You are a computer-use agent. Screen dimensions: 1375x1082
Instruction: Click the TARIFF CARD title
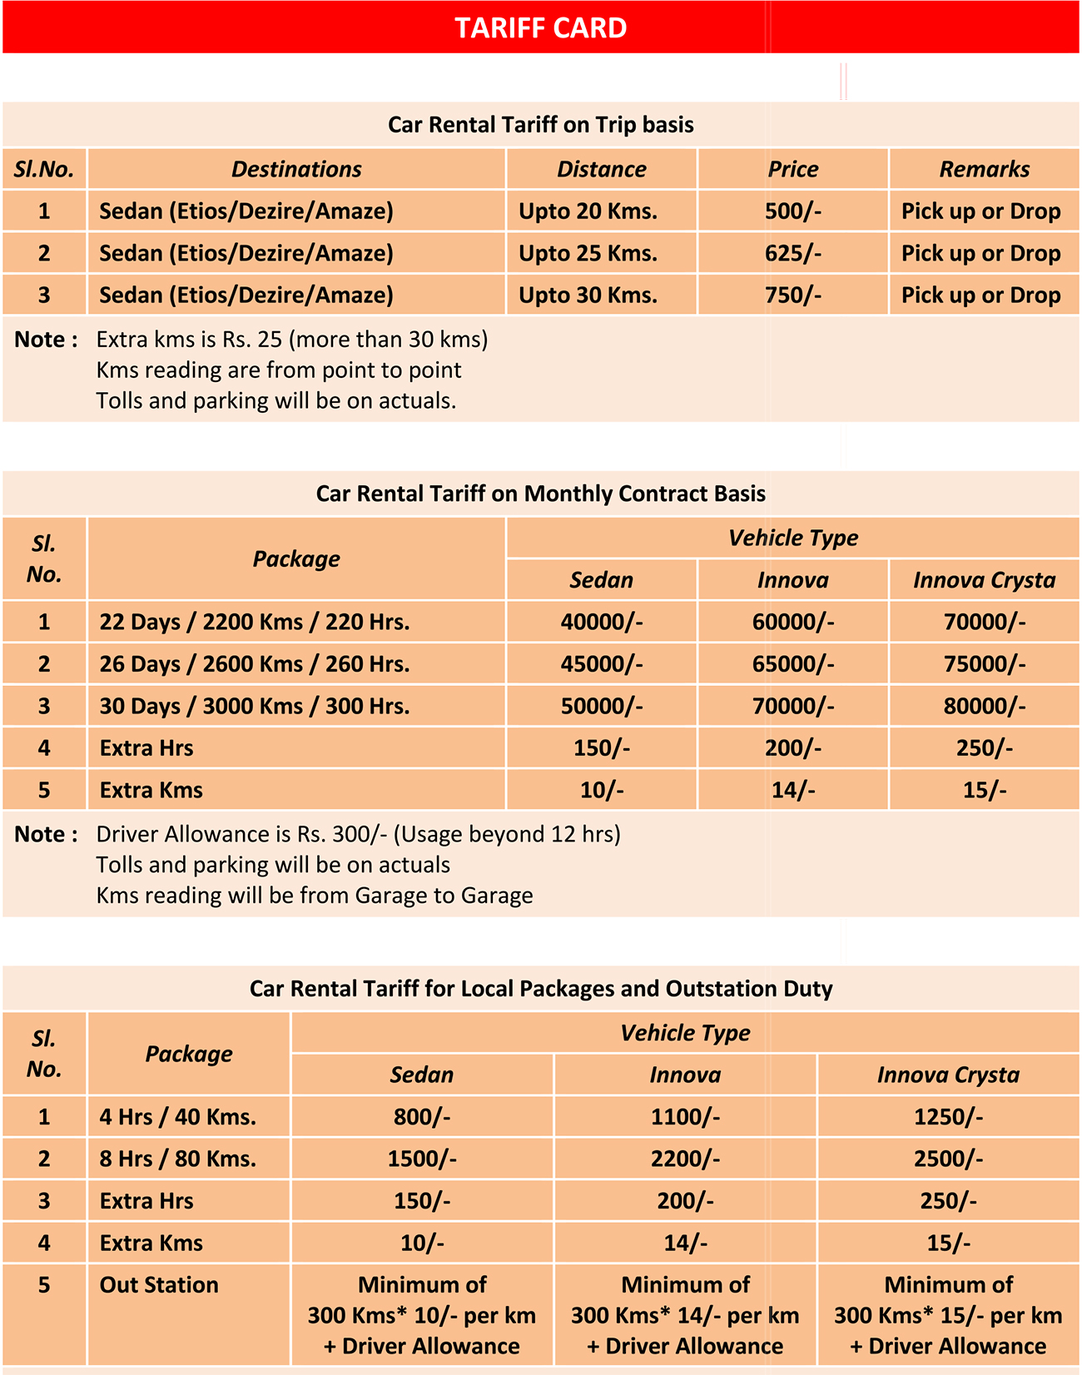[x=540, y=28]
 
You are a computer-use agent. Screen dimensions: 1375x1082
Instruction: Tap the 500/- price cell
[x=792, y=211]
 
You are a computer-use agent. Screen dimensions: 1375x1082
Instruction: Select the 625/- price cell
[x=792, y=253]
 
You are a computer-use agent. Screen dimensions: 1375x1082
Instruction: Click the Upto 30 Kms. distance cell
[x=588, y=295]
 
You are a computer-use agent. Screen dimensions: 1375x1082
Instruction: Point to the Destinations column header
[x=296, y=169]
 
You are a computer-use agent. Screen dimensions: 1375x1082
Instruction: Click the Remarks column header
[x=984, y=169]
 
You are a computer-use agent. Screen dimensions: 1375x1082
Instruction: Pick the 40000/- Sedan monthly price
[x=601, y=622]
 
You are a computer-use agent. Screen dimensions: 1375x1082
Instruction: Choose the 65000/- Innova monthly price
[x=792, y=664]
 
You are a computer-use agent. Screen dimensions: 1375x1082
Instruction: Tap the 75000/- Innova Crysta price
[x=984, y=664]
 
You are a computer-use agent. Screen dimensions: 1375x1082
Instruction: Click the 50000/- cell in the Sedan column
[x=601, y=707]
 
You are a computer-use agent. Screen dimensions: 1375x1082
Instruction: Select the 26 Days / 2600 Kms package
[x=255, y=664]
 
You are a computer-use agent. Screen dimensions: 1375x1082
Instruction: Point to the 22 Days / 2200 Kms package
[x=255, y=622]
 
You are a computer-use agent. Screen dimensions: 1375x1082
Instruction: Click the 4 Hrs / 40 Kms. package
[x=178, y=1117]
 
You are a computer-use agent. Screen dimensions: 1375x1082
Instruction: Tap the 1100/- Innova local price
[x=685, y=1117]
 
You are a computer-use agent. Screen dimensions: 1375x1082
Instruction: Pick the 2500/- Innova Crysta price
[x=948, y=1159]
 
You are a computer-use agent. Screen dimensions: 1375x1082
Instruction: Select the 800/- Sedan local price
[x=422, y=1117]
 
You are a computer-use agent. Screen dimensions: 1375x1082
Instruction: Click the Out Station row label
[x=159, y=1285]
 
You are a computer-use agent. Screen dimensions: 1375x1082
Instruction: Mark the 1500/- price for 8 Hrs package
[x=422, y=1159]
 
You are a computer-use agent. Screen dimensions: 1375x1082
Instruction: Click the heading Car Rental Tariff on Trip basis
[x=540, y=125]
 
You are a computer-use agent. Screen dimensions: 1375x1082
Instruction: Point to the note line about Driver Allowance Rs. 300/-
[x=358, y=834]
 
